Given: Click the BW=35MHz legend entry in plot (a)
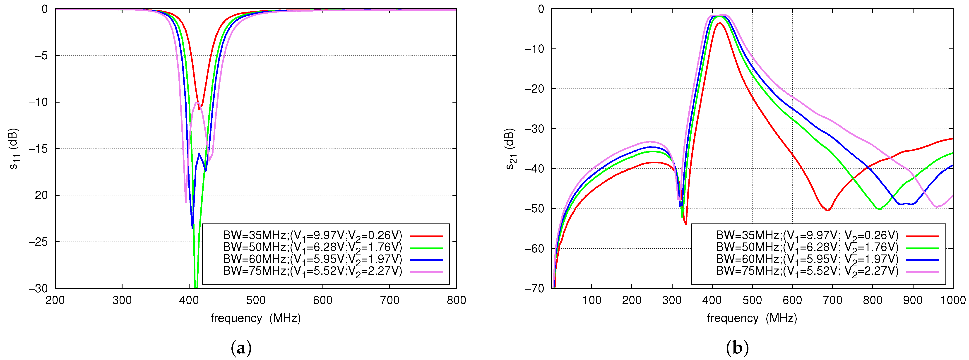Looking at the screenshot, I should coord(313,236).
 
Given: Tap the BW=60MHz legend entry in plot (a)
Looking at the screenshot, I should coord(313,259).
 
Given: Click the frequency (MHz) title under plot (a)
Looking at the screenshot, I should coord(255,318).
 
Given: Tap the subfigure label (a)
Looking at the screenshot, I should coord(241,348).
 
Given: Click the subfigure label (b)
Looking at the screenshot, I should coord(737,348).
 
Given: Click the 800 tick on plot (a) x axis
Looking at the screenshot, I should coord(456,300).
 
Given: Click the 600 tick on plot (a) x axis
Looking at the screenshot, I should coord(323,300).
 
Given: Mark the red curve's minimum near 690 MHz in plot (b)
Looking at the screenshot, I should coord(827,210).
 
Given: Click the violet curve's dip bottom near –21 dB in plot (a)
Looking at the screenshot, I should coord(185,202).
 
